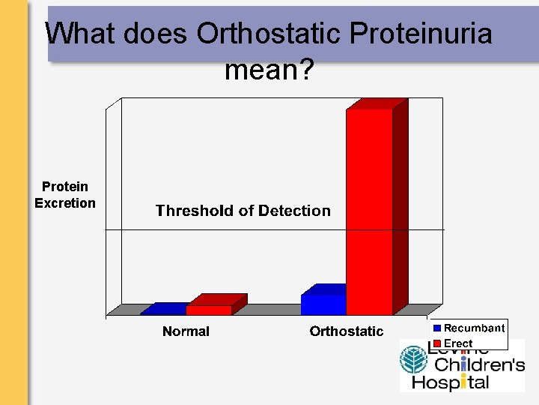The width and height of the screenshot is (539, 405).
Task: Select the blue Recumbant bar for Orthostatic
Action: click(x=323, y=304)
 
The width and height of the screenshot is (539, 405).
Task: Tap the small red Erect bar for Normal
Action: click(x=209, y=310)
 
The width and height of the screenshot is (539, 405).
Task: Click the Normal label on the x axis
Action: click(x=186, y=331)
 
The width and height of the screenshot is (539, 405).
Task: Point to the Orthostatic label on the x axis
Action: click(x=346, y=331)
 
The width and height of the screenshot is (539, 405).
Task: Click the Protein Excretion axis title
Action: click(x=65, y=195)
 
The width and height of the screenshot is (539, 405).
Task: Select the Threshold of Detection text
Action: click(x=243, y=211)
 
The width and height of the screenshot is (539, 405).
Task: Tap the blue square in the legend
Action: click(x=437, y=328)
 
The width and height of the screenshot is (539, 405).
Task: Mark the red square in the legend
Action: click(x=437, y=343)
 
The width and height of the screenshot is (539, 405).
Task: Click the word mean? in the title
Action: click(x=269, y=71)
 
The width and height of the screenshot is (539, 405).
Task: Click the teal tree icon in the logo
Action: click(x=412, y=361)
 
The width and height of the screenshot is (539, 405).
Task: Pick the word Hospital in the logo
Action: click(x=450, y=382)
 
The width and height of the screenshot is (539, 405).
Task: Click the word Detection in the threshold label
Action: click(x=293, y=211)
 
